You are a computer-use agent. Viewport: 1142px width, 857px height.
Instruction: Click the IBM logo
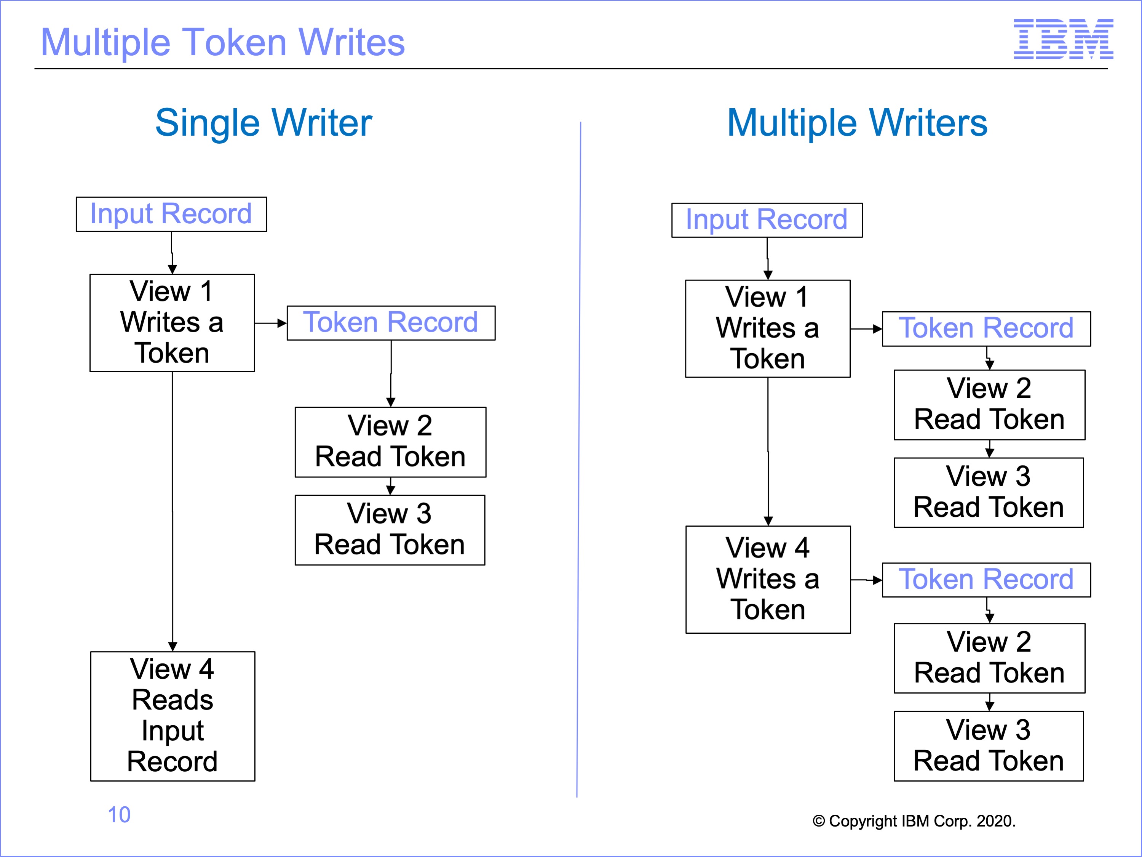(1064, 39)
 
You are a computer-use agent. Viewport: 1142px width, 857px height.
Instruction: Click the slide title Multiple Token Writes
(222, 42)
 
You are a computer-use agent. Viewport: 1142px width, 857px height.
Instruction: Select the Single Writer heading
(264, 123)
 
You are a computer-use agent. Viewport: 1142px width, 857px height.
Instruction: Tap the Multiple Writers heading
(857, 123)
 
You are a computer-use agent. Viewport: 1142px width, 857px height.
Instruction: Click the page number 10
(119, 815)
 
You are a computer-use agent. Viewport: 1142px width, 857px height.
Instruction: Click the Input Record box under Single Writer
(171, 215)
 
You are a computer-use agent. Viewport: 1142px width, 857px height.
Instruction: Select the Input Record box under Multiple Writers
(767, 220)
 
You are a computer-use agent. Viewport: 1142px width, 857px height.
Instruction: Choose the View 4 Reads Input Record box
(173, 716)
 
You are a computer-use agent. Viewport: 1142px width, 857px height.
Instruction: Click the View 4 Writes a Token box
(768, 580)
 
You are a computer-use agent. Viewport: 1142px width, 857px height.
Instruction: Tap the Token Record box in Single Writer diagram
(391, 323)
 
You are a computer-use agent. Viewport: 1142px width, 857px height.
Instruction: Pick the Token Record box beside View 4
(987, 580)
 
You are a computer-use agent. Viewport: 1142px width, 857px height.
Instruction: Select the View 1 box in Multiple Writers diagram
(768, 328)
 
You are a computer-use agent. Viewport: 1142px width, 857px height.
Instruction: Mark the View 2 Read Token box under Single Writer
(390, 442)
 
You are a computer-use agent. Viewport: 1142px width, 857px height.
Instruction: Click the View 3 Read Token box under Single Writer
(390, 530)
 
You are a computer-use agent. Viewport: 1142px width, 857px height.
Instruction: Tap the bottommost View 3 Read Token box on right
(989, 746)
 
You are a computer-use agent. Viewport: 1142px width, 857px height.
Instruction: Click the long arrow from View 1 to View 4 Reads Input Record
(172, 511)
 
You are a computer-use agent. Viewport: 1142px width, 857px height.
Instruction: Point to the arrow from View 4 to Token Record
(866, 580)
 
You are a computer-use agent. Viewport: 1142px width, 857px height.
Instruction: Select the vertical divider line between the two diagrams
(579, 460)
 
